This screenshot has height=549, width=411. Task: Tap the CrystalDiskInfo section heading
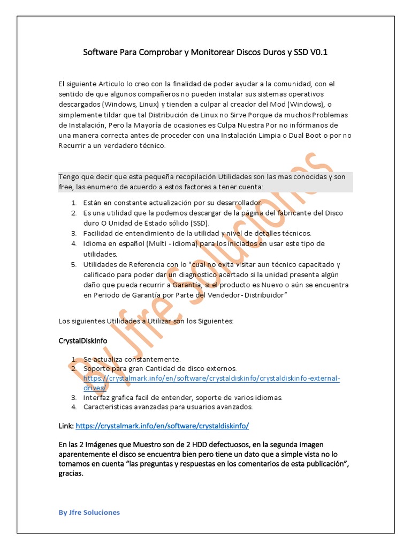(x=82, y=340)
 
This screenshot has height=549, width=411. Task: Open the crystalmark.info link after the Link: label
(x=163, y=426)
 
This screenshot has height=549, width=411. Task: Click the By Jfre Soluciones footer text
(x=89, y=512)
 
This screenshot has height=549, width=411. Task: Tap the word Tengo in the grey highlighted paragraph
(x=70, y=177)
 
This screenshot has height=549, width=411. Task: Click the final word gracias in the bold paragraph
(x=71, y=474)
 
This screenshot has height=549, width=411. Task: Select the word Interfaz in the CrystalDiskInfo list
(x=97, y=397)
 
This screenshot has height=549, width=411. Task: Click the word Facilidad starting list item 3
(x=100, y=233)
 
